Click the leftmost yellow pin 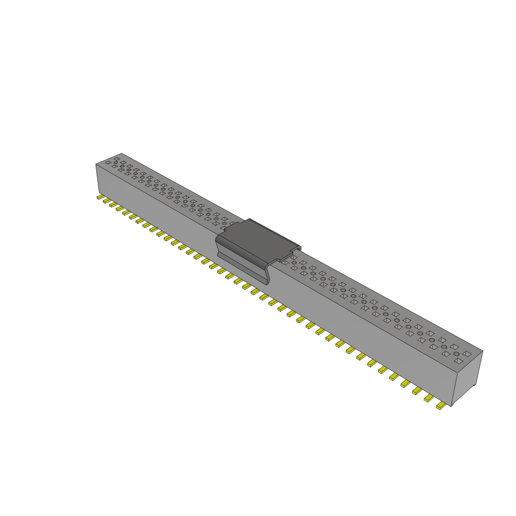[x=100, y=197]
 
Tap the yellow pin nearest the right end [x=441, y=405]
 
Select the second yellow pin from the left [x=107, y=201]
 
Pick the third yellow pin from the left [x=113, y=205]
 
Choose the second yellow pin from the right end [x=429, y=398]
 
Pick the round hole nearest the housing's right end [x=457, y=354]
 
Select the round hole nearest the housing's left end [x=116, y=163]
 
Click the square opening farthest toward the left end [x=108, y=163]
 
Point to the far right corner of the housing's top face [x=482, y=351]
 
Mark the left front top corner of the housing [x=96, y=164]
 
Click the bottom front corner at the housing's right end [x=452, y=406]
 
